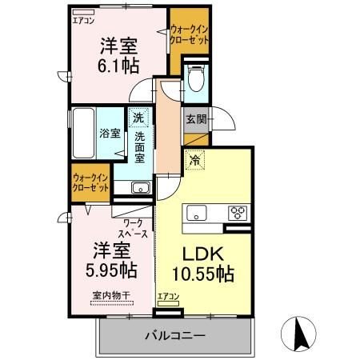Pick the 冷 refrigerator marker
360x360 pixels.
pyautogui.click(x=194, y=159)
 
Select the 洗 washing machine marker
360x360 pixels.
pyautogui.click(x=139, y=118)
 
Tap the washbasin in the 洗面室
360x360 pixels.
pyautogui.click(x=139, y=188)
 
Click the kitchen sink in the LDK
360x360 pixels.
pyautogui.click(x=197, y=213)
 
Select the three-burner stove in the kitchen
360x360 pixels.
pyautogui.click(x=238, y=213)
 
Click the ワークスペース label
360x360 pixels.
pyautogui.click(x=134, y=227)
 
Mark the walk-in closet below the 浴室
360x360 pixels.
pyautogui.click(x=90, y=182)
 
